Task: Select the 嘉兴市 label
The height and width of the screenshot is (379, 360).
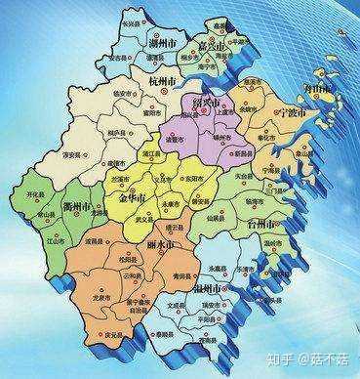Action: [x=211, y=45]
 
